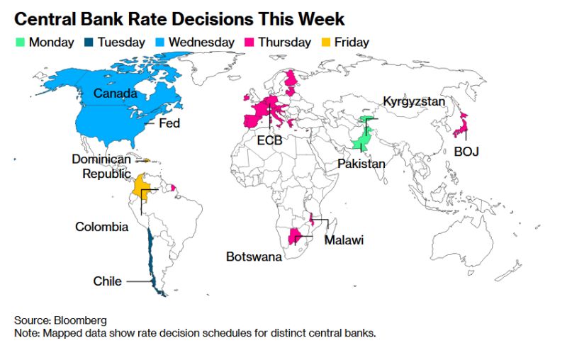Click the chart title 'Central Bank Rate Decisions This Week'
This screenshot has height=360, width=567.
pyautogui.click(x=180, y=18)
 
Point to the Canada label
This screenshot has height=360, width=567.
pyautogui.click(x=116, y=94)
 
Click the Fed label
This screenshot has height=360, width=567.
pyautogui.click(x=169, y=123)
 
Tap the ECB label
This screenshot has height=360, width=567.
pyautogui.click(x=269, y=140)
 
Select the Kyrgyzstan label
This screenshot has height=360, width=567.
pyautogui.click(x=414, y=101)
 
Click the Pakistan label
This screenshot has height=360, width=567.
pyautogui.click(x=361, y=164)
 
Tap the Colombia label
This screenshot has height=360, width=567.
pyautogui.click(x=102, y=227)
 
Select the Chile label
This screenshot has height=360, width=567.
pyautogui.click(x=108, y=281)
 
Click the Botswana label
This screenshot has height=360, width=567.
pyautogui.click(x=254, y=257)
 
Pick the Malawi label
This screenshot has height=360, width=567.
pyautogui.click(x=344, y=241)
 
